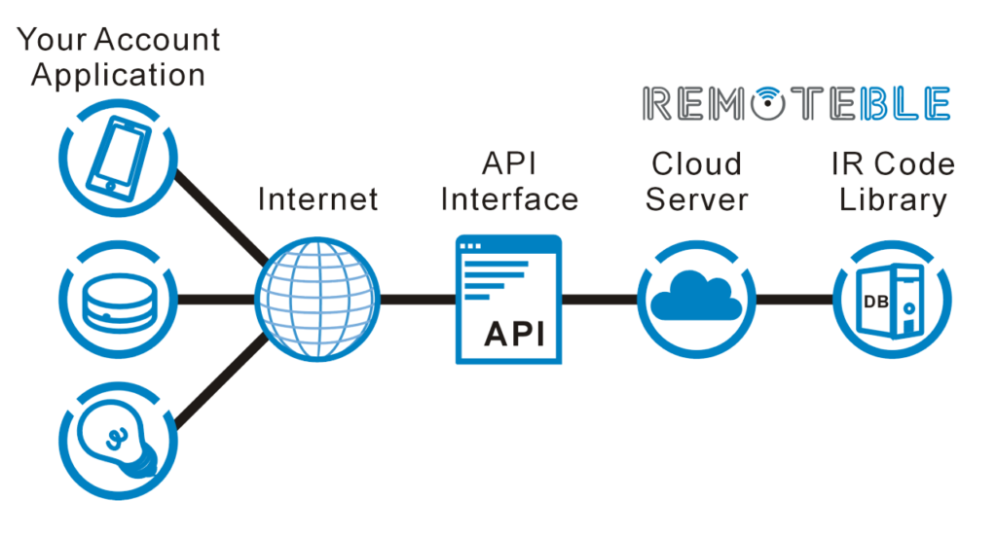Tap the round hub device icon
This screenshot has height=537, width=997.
(x=117, y=299)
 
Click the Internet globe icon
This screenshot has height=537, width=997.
(x=316, y=299)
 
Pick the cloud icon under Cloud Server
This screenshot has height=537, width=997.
(x=696, y=296)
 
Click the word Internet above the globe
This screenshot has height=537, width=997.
(x=317, y=199)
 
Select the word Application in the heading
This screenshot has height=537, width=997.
(x=118, y=76)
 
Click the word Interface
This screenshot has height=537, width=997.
(x=509, y=199)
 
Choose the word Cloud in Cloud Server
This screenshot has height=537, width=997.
(x=696, y=163)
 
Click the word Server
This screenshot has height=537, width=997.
(x=696, y=199)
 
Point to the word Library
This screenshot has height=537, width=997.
(x=893, y=199)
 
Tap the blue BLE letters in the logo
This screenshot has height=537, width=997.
(x=905, y=104)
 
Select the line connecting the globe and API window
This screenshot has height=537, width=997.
(x=417, y=299)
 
